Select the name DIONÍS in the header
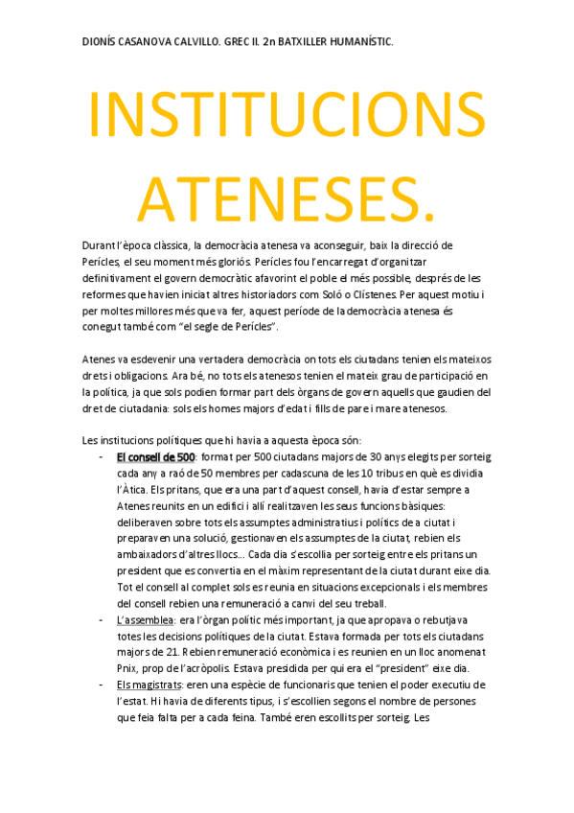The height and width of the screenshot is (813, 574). point(101,43)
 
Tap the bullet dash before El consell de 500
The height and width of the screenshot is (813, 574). point(102,457)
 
